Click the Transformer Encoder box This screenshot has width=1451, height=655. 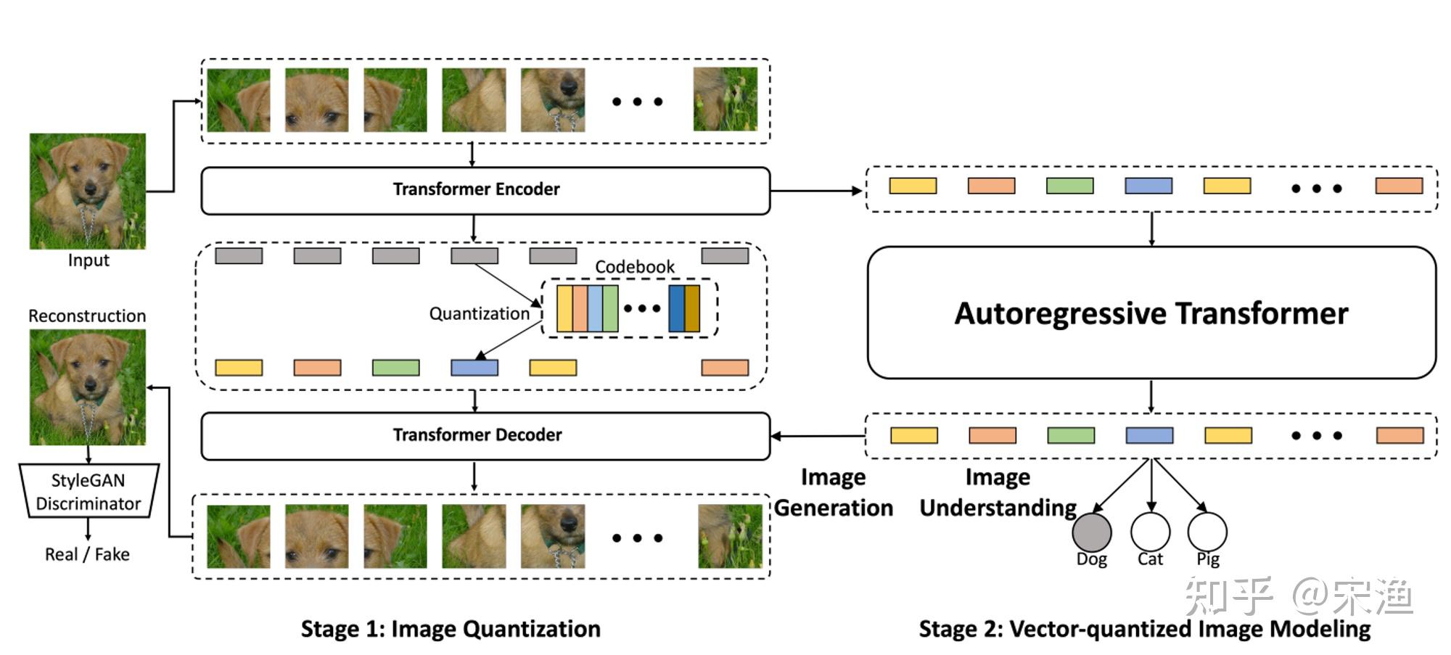[485, 190]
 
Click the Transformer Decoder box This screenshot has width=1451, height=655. [485, 435]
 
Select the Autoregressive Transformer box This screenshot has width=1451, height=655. [1151, 313]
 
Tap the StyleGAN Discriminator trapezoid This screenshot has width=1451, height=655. [88, 491]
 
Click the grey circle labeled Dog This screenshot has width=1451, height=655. [1091, 532]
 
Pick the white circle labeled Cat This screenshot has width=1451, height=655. [1150, 532]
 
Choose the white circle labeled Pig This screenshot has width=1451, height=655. [1207, 532]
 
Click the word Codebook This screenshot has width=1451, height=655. [634, 267]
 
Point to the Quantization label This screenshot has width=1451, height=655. [479, 313]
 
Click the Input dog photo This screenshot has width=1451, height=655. [87, 191]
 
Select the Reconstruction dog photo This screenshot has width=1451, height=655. [87, 387]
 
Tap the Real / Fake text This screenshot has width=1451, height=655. [87, 554]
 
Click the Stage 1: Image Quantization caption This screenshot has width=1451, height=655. [451, 628]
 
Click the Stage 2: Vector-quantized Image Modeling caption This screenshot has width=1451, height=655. [1144, 628]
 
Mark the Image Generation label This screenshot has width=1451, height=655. [833, 493]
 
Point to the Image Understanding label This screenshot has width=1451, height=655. [998, 493]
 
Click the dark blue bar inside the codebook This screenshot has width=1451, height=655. [676, 308]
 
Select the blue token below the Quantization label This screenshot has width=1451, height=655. [474, 368]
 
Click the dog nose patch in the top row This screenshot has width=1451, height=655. [552, 99]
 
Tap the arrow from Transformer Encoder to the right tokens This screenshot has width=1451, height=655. [816, 191]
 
